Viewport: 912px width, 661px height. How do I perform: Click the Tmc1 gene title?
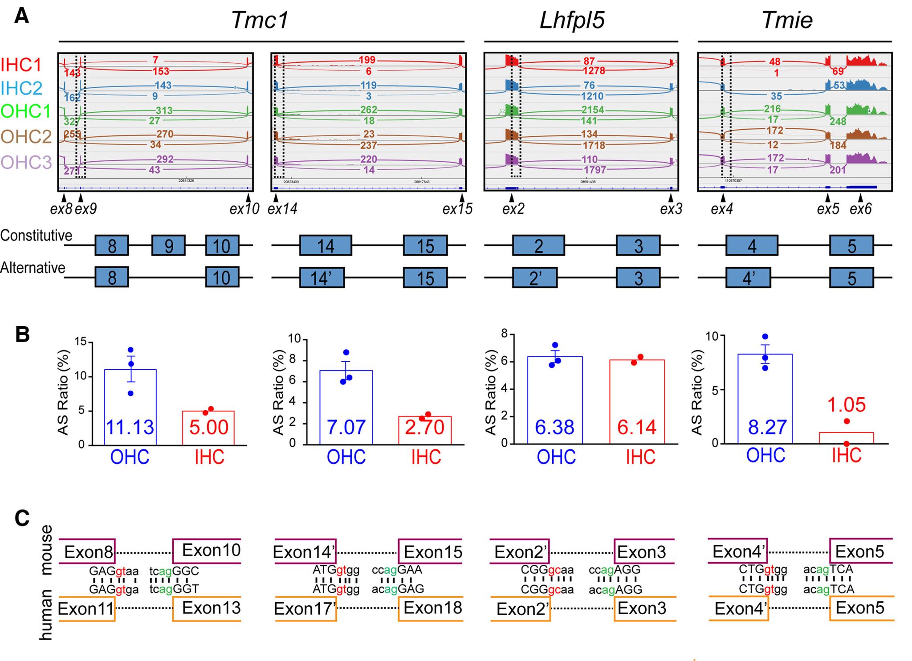pyautogui.click(x=260, y=20)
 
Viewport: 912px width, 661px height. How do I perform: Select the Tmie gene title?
pyautogui.click(x=787, y=20)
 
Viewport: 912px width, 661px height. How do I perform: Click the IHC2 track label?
pyautogui.click(x=21, y=89)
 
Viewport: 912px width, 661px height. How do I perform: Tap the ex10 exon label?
pyautogui.click(x=244, y=209)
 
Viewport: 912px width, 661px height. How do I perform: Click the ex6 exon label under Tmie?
pyautogui.click(x=860, y=209)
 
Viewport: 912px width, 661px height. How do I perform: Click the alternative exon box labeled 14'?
pyautogui.click(x=322, y=278)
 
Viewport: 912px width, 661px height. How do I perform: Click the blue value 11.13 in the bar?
pyautogui.click(x=130, y=427)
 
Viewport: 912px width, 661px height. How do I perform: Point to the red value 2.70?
pyautogui.click(x=424, y=427)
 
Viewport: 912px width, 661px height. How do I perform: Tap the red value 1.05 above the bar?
pyautogui.click(x=846, y=405)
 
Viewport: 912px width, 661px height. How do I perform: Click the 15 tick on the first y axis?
pyautogui.click(x=80, y=343)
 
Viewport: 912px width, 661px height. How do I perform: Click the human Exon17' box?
pyautogui.click(x=305, y=608)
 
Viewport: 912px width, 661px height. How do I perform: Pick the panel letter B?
pyautogui.click(x=22, y=335)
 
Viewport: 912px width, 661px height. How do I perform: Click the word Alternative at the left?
pyautogui.click(x=33, y=268)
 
